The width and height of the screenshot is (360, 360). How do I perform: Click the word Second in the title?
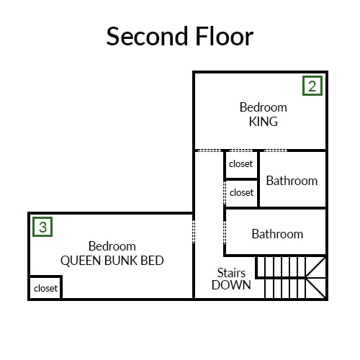click(147, 36)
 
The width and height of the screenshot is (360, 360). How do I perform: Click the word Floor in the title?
click(225, 36)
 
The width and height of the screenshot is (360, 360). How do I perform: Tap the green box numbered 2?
click(312, 86)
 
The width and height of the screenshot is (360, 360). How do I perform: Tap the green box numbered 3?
click(42, 227)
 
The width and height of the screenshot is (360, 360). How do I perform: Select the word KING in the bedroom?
click(264, 122)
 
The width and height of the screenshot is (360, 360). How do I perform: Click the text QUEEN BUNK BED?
click(112, 261)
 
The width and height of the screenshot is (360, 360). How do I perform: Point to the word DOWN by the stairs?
click(231, 285)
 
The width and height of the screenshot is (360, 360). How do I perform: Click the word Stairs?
click(231, 273)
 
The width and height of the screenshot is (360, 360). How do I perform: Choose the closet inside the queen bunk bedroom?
click(45, 287)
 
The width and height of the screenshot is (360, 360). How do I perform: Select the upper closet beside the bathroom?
click(241, 165)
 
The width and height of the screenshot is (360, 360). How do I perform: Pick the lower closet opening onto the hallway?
click(241, 193)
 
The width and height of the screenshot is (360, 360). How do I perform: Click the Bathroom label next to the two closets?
click(292, 181)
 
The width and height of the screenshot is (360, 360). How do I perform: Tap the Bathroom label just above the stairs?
click(277, 234)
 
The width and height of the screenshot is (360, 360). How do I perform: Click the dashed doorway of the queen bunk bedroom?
click(194, 232)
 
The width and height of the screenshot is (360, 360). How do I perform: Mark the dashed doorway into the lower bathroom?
click(225, 232)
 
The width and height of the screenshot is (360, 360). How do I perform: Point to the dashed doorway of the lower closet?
click(225, 193)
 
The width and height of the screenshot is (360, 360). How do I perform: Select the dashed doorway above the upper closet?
click(240, 150)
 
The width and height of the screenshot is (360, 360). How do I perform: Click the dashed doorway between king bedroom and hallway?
click(208, 150)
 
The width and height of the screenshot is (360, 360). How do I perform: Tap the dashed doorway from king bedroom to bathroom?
click(275, 150)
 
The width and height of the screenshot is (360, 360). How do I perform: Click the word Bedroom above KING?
click(264, 107)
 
